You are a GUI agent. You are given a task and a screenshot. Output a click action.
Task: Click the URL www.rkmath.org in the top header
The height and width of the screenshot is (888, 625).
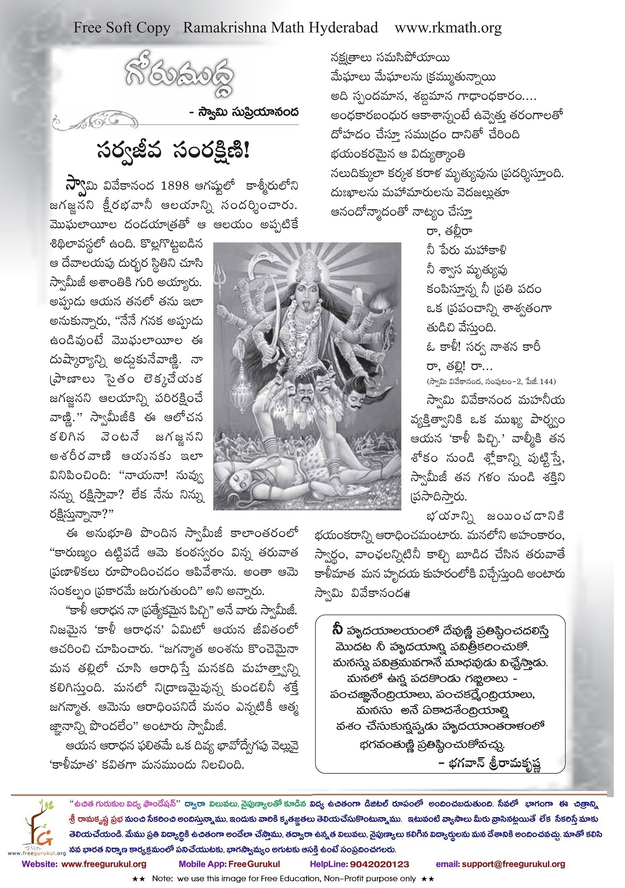(448, 28)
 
